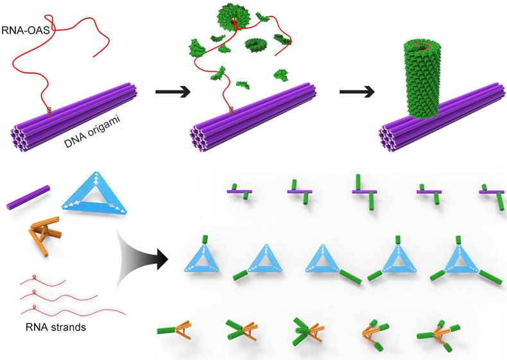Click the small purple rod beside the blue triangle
tap(28, 196)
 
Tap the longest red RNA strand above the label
tap(71, 312)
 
